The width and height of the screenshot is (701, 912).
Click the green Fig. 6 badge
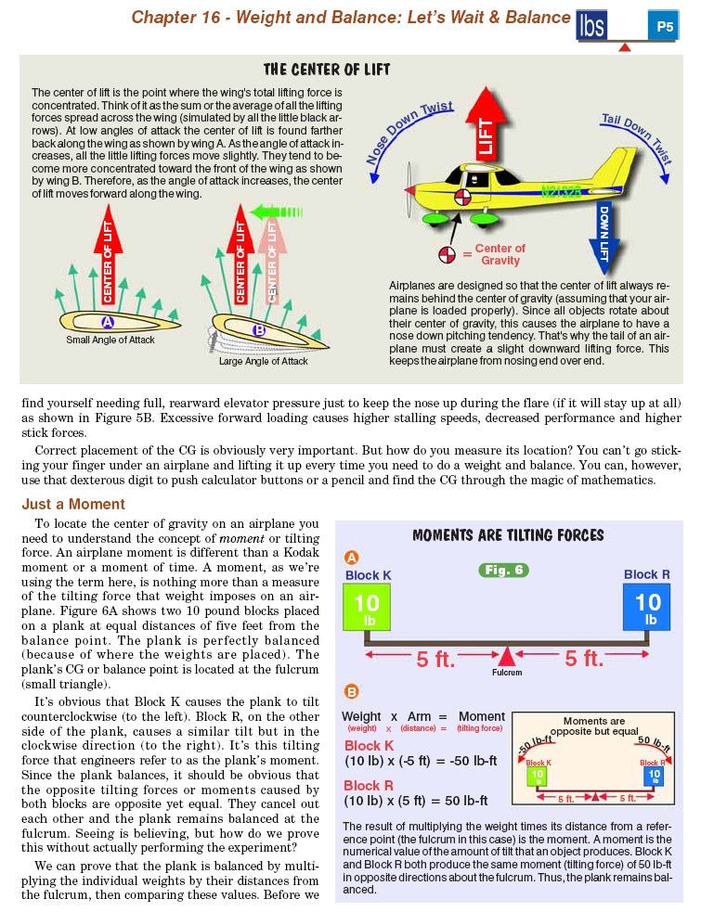[x=504, y=570]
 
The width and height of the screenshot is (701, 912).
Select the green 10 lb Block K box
[x=369, y=610]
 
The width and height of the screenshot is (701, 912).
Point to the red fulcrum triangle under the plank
[x=506, y=657]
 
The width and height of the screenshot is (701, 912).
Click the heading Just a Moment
[x=73, y=505]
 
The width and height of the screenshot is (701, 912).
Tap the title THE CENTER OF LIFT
[x=327, y=70]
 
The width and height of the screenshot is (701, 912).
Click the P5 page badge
[x=665, y=27]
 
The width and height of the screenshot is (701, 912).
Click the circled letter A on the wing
[x=107, y=322]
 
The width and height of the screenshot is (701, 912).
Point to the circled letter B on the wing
[x=259, y=328]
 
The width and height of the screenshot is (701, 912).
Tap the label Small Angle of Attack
[x=110, y=340]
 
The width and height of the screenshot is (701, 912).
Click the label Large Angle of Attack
[x=264, y=361]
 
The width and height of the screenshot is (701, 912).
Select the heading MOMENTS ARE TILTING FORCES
[x=508, y=535]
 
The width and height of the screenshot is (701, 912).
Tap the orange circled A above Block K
[x=351, y=558]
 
